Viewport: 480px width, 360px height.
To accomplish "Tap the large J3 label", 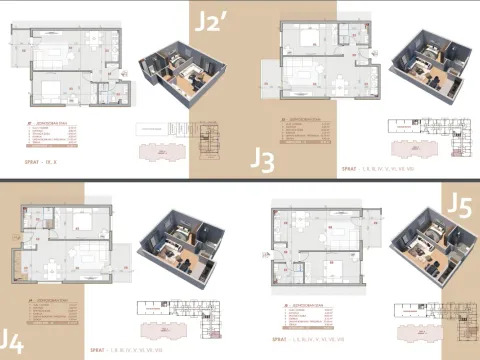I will (x=263, y=160).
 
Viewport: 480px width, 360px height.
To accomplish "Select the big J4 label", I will (x=11, y=340).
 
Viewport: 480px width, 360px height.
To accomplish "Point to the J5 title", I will (x=458, y=206).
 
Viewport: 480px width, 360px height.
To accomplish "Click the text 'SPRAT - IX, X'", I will (x=41, y=160).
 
